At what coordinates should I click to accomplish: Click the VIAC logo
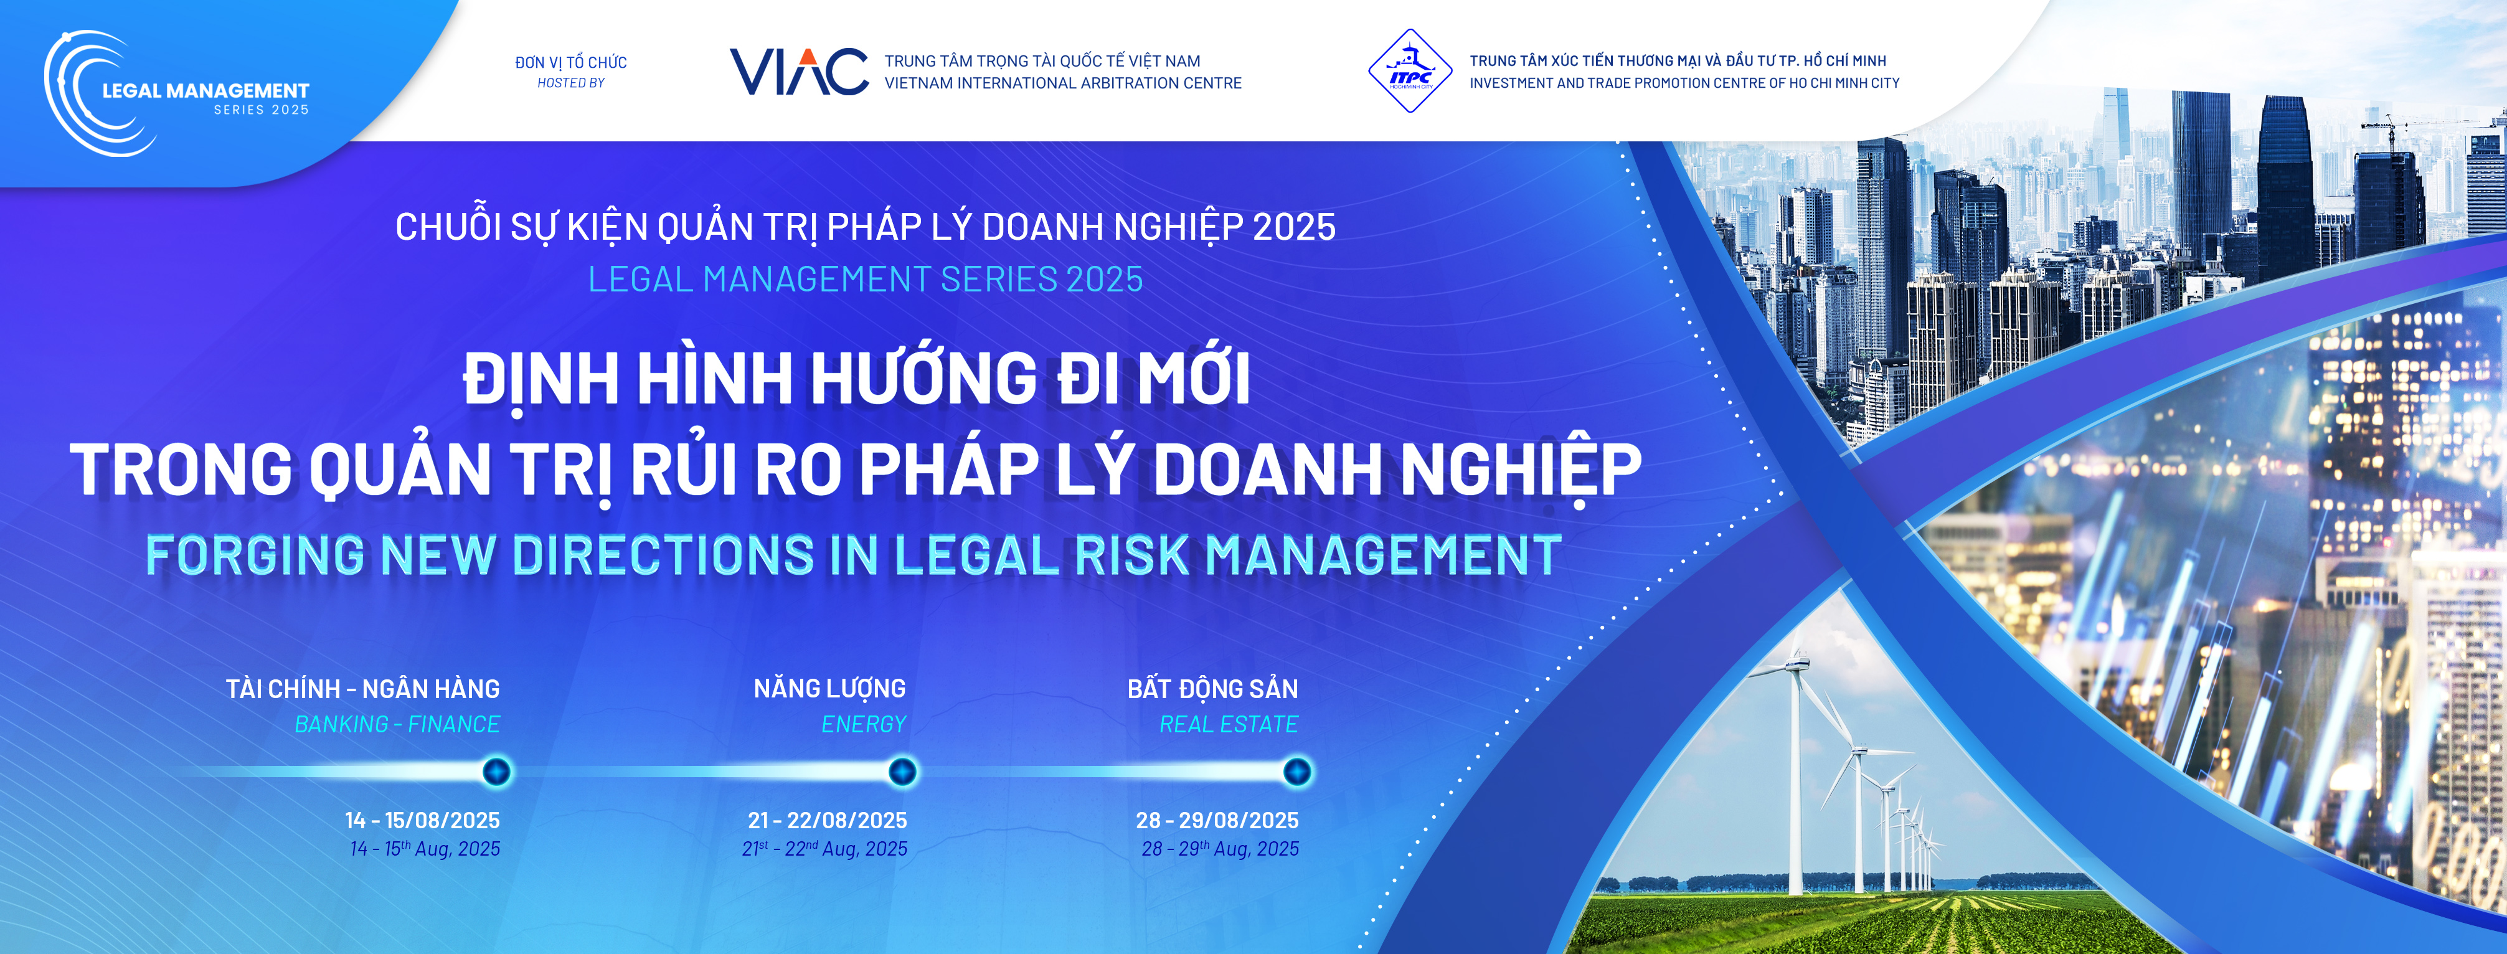click(799, 71)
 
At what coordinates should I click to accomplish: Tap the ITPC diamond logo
click(1410, 71)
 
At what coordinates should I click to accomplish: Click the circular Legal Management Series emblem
click(97, 93)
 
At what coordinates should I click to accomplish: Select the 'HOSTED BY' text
click(571, 83)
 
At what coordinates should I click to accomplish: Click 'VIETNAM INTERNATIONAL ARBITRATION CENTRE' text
click(1063, 83)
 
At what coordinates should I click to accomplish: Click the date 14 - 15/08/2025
click(422, 821)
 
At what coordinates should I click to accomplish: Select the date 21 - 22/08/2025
click(827, 821)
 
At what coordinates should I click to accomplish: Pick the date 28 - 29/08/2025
click(1217, 821)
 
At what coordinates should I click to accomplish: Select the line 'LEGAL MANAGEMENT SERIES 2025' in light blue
click(865, 280)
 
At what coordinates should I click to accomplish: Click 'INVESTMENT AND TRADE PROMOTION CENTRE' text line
click(1684, 83)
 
